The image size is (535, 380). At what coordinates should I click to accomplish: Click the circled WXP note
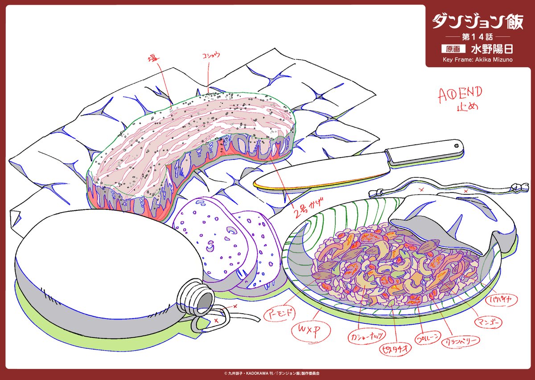(306, 331)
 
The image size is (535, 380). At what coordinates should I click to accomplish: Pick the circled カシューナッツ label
(362, 335)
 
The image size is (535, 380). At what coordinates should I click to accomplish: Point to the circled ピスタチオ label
(394, 347)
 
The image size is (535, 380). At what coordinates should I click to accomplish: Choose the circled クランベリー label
(460, 342)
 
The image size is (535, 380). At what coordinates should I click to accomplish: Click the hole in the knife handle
(457, 144)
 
